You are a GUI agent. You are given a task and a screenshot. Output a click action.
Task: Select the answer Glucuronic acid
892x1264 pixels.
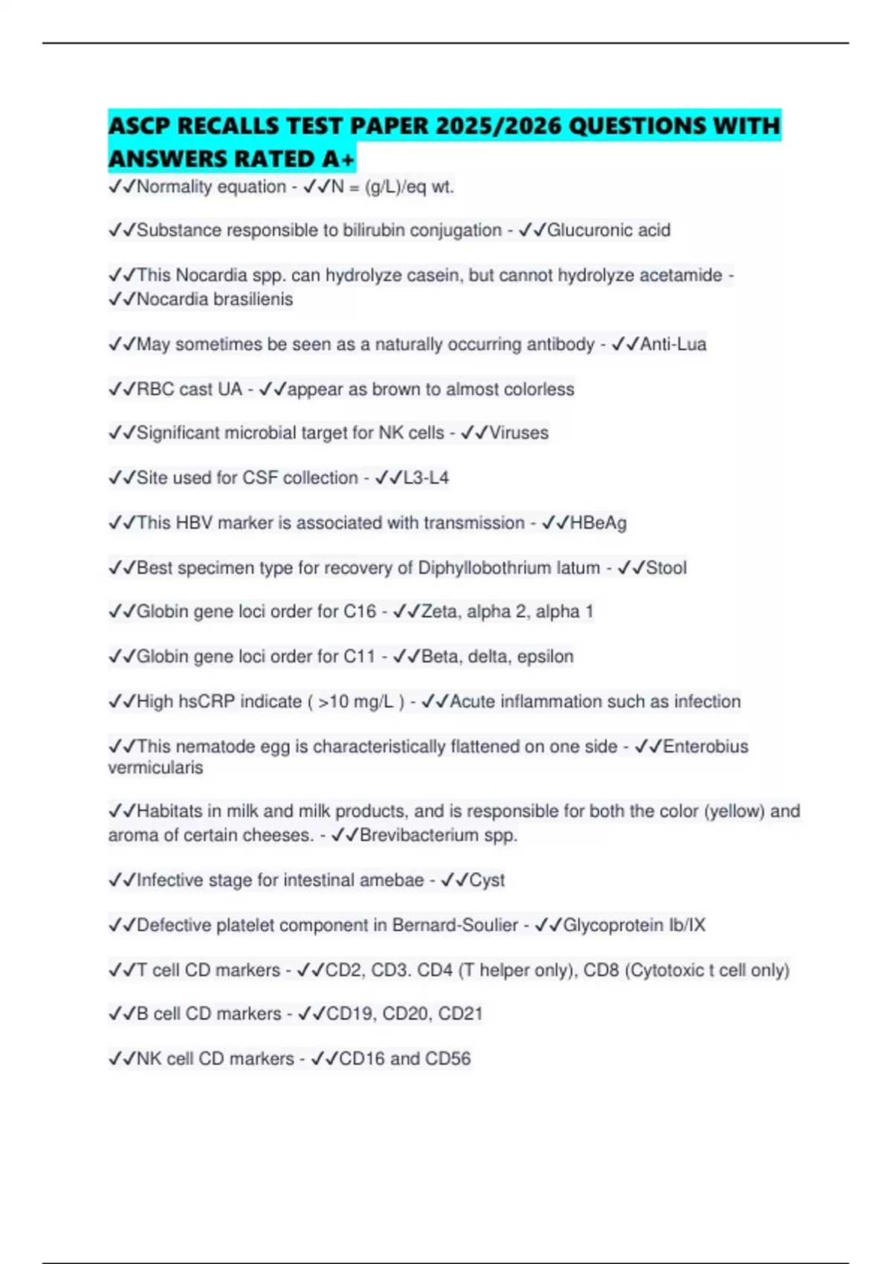(608, 230)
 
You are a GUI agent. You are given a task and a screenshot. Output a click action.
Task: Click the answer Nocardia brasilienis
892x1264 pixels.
(214, 299)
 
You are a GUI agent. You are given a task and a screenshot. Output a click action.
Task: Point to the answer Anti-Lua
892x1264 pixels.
(673, 344)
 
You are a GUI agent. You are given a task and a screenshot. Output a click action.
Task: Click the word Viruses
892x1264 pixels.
(519, 433)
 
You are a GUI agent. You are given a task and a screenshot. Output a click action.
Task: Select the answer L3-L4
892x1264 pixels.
(425, 477)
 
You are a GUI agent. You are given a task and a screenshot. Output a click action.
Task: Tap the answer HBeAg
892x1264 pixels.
(598, 523)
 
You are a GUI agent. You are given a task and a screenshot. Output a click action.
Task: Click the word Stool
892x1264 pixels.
(666, 568)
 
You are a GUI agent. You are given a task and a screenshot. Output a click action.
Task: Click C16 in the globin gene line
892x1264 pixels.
(359, 611)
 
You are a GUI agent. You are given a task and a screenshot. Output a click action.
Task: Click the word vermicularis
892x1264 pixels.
(155, 767)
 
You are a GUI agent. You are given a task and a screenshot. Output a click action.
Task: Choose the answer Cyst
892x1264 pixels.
(486, 880)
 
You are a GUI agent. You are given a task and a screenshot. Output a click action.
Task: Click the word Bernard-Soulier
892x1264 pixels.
(455, 925)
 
